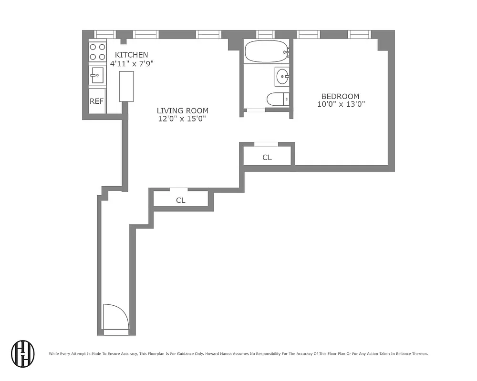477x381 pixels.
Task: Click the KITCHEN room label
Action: pos(131,55)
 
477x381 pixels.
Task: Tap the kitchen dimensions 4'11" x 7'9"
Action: pos(131,63)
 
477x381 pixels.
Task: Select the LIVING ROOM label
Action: pos(183,110)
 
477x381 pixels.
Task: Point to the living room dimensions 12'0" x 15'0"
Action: pos(183,119)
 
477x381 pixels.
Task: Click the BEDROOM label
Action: pos(340,96)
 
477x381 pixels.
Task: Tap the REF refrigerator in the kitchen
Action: pos(97,101)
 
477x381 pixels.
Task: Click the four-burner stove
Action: pos(97,51)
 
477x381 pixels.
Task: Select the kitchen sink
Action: pos(97,75)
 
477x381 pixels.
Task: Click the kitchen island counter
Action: pos(126,86)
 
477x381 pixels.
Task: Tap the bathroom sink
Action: pos(282,76)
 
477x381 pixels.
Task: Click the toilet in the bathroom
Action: pos(278,99)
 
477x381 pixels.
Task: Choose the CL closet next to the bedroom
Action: pos(267,157)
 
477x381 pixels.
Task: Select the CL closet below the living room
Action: pos(180,200)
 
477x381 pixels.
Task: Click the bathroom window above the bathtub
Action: pos(265,34)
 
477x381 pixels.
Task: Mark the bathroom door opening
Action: pos(256,110)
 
